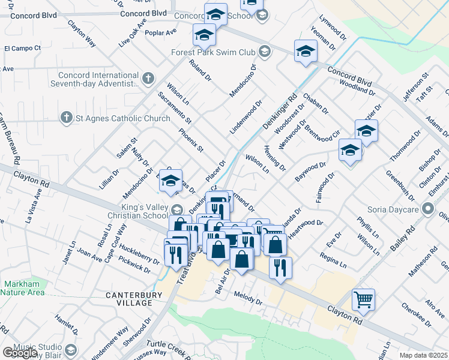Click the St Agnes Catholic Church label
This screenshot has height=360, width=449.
(122, 118)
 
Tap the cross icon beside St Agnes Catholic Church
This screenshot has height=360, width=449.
(67, 118)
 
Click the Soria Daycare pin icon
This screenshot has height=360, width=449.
(428, 209)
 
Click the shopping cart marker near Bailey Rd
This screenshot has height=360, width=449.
(363, 298)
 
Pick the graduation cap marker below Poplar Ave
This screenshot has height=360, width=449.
(204, 35)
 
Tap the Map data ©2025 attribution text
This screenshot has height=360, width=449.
(423, 355)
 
